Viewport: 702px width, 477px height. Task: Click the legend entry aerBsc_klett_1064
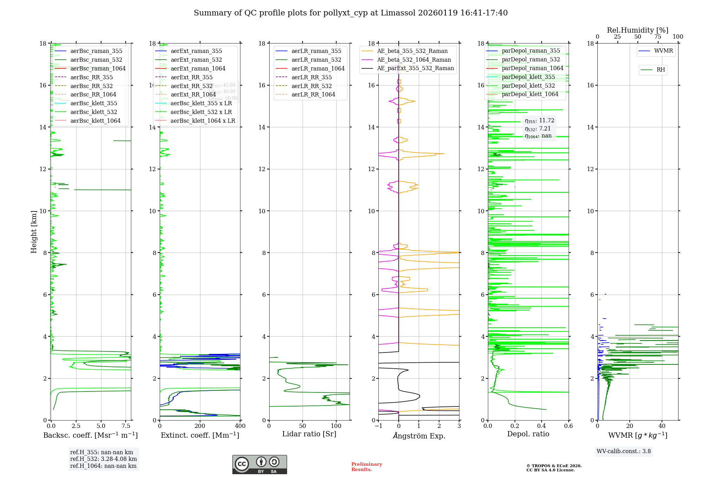tap(95, 121)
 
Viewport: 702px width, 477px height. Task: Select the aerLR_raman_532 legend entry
tap(316, 60)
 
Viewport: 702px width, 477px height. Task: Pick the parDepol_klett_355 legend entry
tap(528, 77)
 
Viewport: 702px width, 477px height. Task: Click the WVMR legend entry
tap(663, 51)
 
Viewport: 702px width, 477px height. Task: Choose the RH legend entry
tap(661, 70)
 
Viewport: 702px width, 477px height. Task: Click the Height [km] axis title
tap(34, 232)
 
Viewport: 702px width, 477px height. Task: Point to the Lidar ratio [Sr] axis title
tap(309, 434)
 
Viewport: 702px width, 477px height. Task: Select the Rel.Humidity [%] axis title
tap(637, 30)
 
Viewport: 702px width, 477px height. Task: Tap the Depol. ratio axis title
tap(528, 434)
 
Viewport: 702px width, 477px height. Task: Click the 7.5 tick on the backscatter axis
tap(126, 426)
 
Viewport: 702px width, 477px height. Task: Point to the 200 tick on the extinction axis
tap(200, 426)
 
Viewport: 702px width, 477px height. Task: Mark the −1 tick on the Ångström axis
tap(378, 426)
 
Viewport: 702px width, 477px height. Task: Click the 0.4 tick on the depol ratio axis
tap(542, 426)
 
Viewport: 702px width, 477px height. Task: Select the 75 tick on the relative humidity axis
tap(658, 37)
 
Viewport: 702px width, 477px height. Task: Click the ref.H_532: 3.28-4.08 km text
tap(103, 459)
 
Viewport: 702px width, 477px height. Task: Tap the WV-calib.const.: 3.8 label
tap(624, 451)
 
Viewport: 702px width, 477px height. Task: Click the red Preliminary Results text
tap(366, 467)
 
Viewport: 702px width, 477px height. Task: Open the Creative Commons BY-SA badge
tap(259, 464)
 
